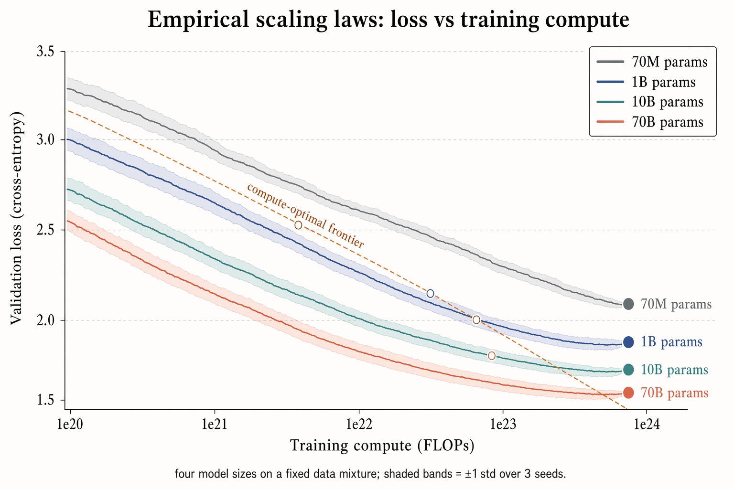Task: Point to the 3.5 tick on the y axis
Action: (x=45, y=52)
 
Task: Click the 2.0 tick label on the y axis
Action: (x=45, y=320)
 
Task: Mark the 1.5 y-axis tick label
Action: (x=45, y=400)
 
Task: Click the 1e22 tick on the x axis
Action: (x=359, y=424)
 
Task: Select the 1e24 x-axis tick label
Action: (x=647, y=424)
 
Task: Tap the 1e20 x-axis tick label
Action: (x=71, y=424)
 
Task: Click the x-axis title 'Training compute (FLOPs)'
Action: (x=382, y=446)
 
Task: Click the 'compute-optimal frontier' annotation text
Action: (x=305, y=216)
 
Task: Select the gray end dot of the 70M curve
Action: (x=628, y=304)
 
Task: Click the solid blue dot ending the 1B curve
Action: (x=628, y=342)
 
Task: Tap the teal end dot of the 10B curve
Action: (x=628, y=370)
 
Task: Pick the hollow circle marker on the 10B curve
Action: (x=491, y=356)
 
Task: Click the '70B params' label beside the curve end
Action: (x=674, y=393)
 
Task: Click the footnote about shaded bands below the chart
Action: (x=370, y=474)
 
